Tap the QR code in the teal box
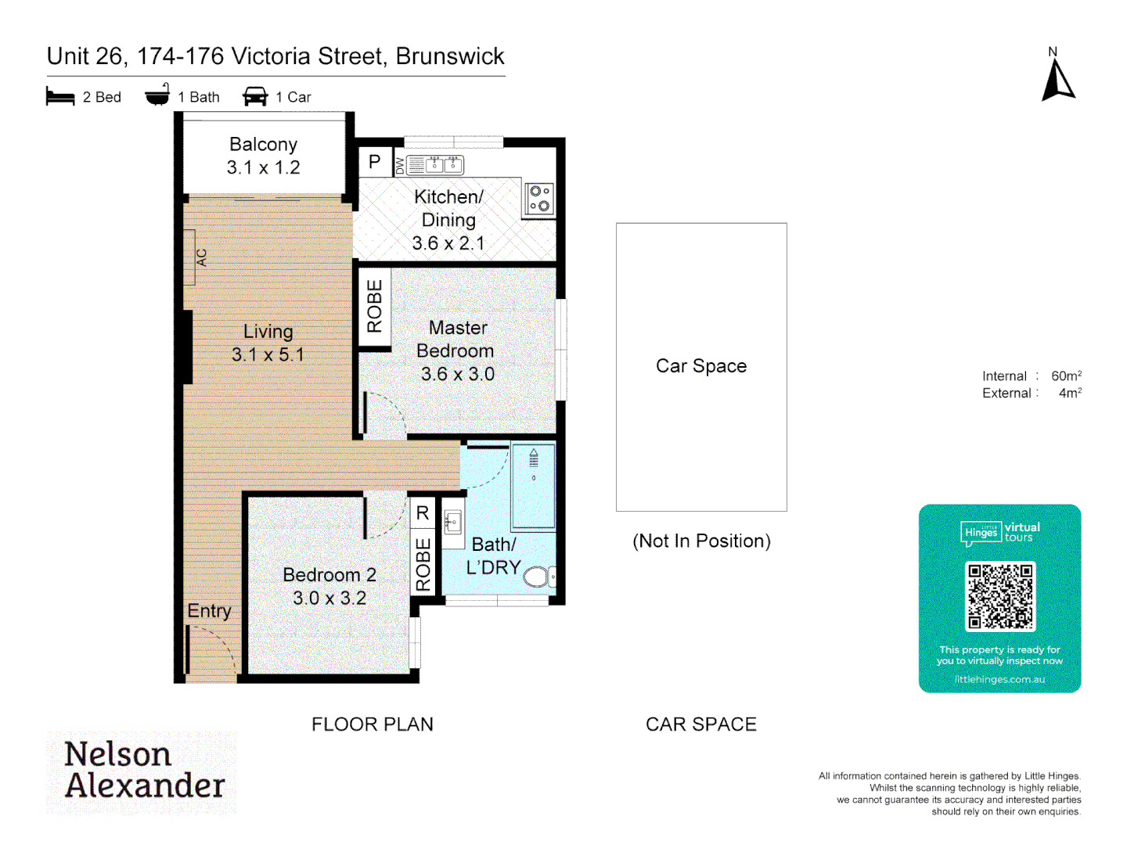pos(999,596)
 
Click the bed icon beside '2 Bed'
pos(60,97)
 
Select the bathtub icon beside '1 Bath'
pos(157,95)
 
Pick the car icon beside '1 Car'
pos(255,97)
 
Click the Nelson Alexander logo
pos(142,771)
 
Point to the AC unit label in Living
pos(201,257)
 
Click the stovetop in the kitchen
pos(538,199)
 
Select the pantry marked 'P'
pos(374,162)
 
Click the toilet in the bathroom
pos(538,577)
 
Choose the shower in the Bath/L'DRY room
pos(533,485)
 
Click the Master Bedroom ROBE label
pos(374,306)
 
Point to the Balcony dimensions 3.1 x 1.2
pos(263,167)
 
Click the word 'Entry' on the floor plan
pos(209,611)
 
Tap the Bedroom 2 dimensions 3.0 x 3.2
pos(329,599)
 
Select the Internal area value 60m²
pos(1066,376)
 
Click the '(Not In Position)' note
pos(701,541)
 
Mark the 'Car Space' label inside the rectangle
pos(701,366)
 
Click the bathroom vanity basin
pos(453,521)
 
